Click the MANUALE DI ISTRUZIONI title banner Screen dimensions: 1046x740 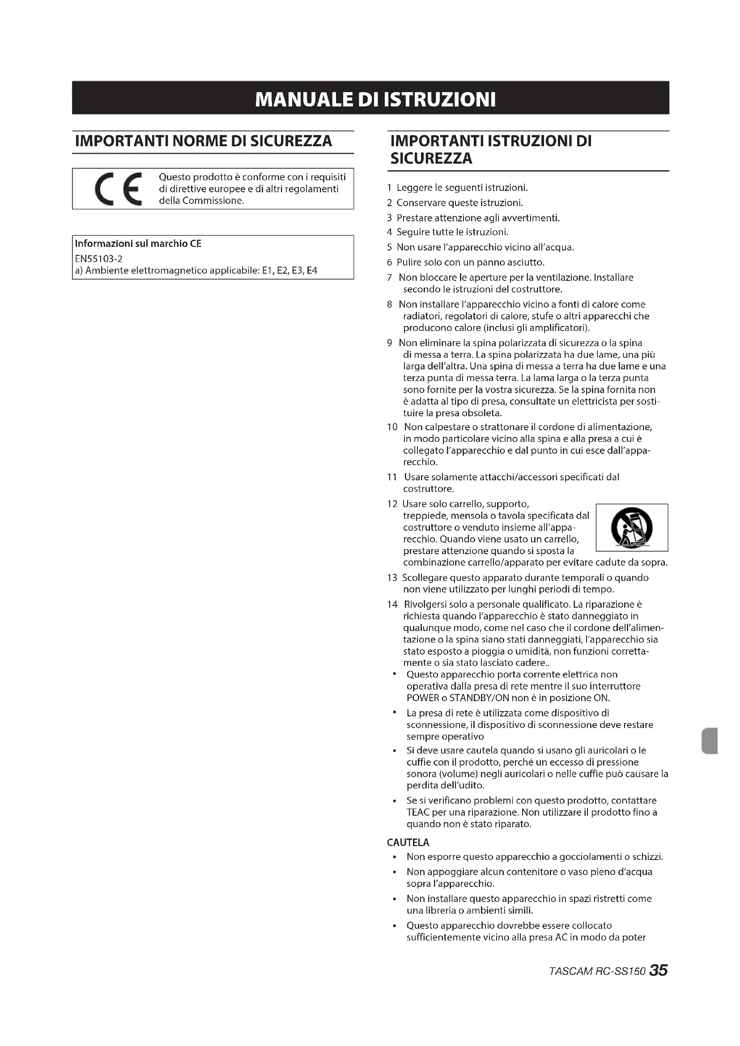pyautogui.click(x=370, y=98)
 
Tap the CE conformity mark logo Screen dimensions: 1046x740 pyautogui.click(x=118, y=189)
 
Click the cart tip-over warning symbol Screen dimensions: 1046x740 pyautogui.click(x=632, y=527)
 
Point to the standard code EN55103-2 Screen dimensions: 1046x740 pyautogui.click(x=99, y=259)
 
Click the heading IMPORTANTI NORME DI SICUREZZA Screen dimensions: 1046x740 pyautogui.click(x=203, y=141)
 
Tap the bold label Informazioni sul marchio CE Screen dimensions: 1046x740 pyautogui.click(x=138, y=244)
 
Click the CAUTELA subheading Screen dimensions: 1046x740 pyautogui.click(x=408, y=843)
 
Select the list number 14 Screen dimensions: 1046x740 pyautogui.click(x=392, y=605)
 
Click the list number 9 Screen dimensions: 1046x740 pyautogui.click(x=390, y=343)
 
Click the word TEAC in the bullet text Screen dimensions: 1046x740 pyautogui.click(x=416, y=812)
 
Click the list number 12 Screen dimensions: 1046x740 pyautogui.click(x=392, y=504)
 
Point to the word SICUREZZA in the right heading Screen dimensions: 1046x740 pyautogui.click(x=431, y=159)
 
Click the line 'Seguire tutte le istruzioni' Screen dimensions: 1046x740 pyautogui.click(x=452, y=233)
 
